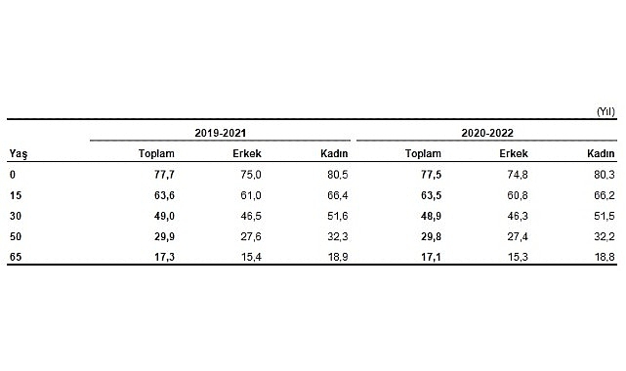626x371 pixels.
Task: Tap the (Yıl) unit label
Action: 604,111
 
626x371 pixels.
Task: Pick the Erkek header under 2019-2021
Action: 247,153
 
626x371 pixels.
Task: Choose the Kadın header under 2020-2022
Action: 600,153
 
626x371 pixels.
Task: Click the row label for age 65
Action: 16,256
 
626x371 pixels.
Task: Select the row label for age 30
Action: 16,214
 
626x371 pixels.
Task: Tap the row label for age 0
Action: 13,173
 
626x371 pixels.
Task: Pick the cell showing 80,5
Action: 337,173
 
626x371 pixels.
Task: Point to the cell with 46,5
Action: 250,214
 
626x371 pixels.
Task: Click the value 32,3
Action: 337,235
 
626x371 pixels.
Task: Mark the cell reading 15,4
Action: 250,256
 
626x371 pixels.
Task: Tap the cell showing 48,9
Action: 428,214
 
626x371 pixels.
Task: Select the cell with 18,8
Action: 603,256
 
